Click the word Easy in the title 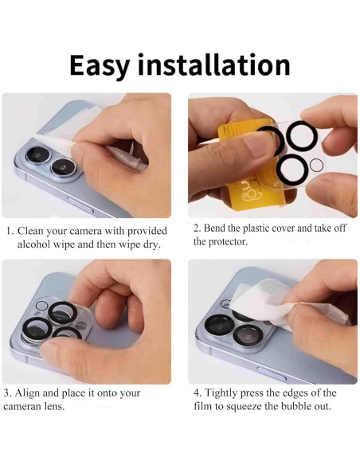pos(100,64)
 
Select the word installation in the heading pos(213,64)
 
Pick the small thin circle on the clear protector pos(316,165)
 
